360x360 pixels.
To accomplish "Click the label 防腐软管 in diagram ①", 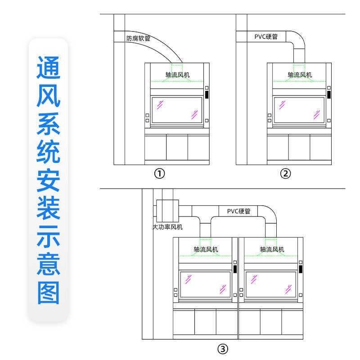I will pos(138,39).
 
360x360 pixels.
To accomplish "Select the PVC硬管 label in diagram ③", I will pos(238,211).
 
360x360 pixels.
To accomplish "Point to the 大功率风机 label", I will pos(168,227).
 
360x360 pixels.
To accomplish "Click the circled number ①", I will pos(159,174).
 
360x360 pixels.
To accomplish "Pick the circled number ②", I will pos(285,174).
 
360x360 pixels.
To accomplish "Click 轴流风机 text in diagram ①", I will pos(178,75).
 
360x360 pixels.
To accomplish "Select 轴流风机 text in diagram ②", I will pos(300,75).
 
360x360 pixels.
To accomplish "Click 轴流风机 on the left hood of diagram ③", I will pos(206,249).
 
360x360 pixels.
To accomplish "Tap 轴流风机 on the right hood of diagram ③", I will pos(272,249).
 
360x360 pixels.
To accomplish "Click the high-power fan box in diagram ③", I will pos(167,209).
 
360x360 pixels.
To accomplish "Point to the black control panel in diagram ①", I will pos(207,95).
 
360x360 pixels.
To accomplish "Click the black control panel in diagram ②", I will pos(329,95).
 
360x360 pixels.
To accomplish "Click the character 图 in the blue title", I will pos(48,293).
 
